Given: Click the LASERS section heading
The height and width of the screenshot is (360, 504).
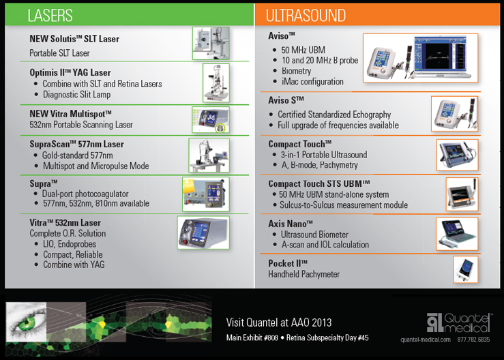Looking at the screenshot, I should coord(50,15).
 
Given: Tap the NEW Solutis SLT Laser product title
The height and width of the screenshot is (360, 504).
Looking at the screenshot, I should coord(74,39).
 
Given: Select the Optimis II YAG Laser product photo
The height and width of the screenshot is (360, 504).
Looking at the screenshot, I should coord(216,82).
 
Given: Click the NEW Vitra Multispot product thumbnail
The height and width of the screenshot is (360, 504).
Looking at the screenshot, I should coord(210,119).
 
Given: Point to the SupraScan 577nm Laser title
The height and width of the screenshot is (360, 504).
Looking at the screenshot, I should coord(76,145).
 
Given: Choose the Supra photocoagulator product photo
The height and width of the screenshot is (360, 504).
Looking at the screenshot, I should coord(205,194).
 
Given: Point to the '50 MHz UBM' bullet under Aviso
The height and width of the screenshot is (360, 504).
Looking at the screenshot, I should coord(303,50).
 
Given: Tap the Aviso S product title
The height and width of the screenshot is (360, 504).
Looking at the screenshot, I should coord(287,101).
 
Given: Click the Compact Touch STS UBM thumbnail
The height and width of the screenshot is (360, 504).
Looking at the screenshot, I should coord(462,194).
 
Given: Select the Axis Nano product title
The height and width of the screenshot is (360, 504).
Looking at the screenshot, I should coord(291,224).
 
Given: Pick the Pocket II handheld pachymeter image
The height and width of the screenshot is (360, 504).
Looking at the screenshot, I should coord(465,269).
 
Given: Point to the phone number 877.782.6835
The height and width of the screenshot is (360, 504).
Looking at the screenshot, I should coord(474,340).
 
